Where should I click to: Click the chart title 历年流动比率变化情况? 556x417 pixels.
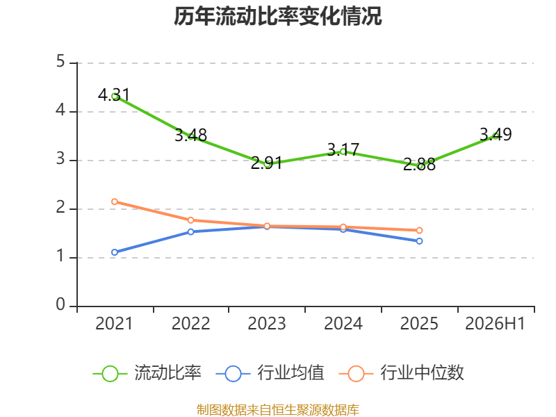coord(277,16)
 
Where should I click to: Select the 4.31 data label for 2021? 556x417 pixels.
coord(114,95)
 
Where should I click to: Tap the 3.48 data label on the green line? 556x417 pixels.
coord(190,135)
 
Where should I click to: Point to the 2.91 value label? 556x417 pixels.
coord(267,163)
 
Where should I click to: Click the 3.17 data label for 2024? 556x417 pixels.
coord(343,149)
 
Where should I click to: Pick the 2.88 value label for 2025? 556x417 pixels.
coord(419,165)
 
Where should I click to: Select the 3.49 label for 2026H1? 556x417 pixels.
coord(496,134)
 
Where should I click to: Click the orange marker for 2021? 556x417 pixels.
coord(115,202)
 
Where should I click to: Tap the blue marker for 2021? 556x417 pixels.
coord(115,252)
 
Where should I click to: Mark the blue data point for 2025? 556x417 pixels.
coord(419,241)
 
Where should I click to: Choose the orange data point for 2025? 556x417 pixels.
coord(419,231)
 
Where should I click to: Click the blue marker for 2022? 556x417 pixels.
coord(190,232)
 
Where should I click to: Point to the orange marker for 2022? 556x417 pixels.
coord(190,220)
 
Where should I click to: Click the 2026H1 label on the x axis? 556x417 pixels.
coord(495,324)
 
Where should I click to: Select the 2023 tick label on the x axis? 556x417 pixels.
coord(267,324)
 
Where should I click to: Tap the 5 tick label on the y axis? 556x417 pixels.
coord(60,62)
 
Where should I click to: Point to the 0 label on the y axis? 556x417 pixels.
coord(60,304)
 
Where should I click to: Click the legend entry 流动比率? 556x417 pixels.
coord(147,373)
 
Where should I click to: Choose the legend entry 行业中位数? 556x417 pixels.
coord(402,373)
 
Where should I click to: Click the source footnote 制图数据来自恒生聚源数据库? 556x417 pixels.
coord(277,410)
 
